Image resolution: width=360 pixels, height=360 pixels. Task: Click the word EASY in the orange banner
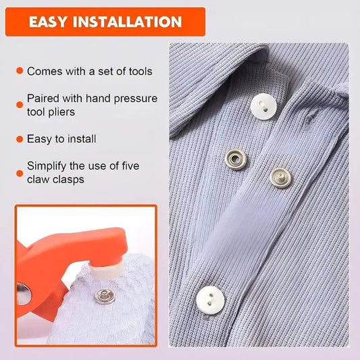(48, 22)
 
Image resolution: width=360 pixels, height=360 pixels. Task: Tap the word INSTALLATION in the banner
(127, 22)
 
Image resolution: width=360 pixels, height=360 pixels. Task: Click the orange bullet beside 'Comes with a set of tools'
(20, 70)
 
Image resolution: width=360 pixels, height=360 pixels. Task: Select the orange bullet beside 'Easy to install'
(20, 139)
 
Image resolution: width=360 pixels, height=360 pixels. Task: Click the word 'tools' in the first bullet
(140, 72)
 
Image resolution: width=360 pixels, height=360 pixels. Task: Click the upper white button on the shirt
(263, 107)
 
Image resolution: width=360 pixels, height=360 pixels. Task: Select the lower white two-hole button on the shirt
(210, 300)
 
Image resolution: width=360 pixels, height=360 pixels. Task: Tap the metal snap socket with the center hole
(236, 159)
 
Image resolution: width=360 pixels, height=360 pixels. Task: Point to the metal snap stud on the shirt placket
(280, 178)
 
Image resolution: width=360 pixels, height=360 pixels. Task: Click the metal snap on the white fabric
(105, 297)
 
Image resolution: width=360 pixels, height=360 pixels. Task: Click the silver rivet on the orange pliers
(23, 294)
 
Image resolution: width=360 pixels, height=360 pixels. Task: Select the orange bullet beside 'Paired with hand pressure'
(20, 105)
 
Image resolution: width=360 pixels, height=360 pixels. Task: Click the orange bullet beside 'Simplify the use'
(20, 173)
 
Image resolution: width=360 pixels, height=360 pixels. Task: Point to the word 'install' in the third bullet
(82, 139)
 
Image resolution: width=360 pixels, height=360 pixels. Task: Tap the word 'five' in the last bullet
(130, 166)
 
